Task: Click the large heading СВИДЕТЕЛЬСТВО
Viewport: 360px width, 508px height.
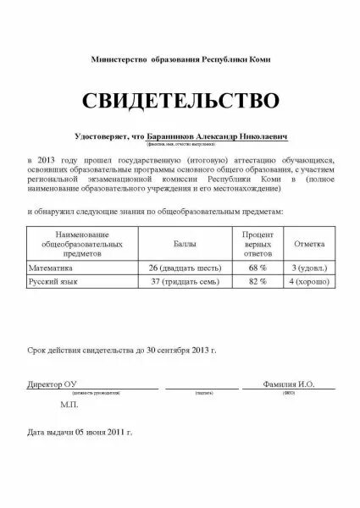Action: click(180, 101)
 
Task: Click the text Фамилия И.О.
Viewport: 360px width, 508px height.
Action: click(289, 384)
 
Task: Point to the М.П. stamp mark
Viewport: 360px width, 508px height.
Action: click(69, 406)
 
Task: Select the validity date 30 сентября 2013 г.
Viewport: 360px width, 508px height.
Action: click(169, 349)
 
